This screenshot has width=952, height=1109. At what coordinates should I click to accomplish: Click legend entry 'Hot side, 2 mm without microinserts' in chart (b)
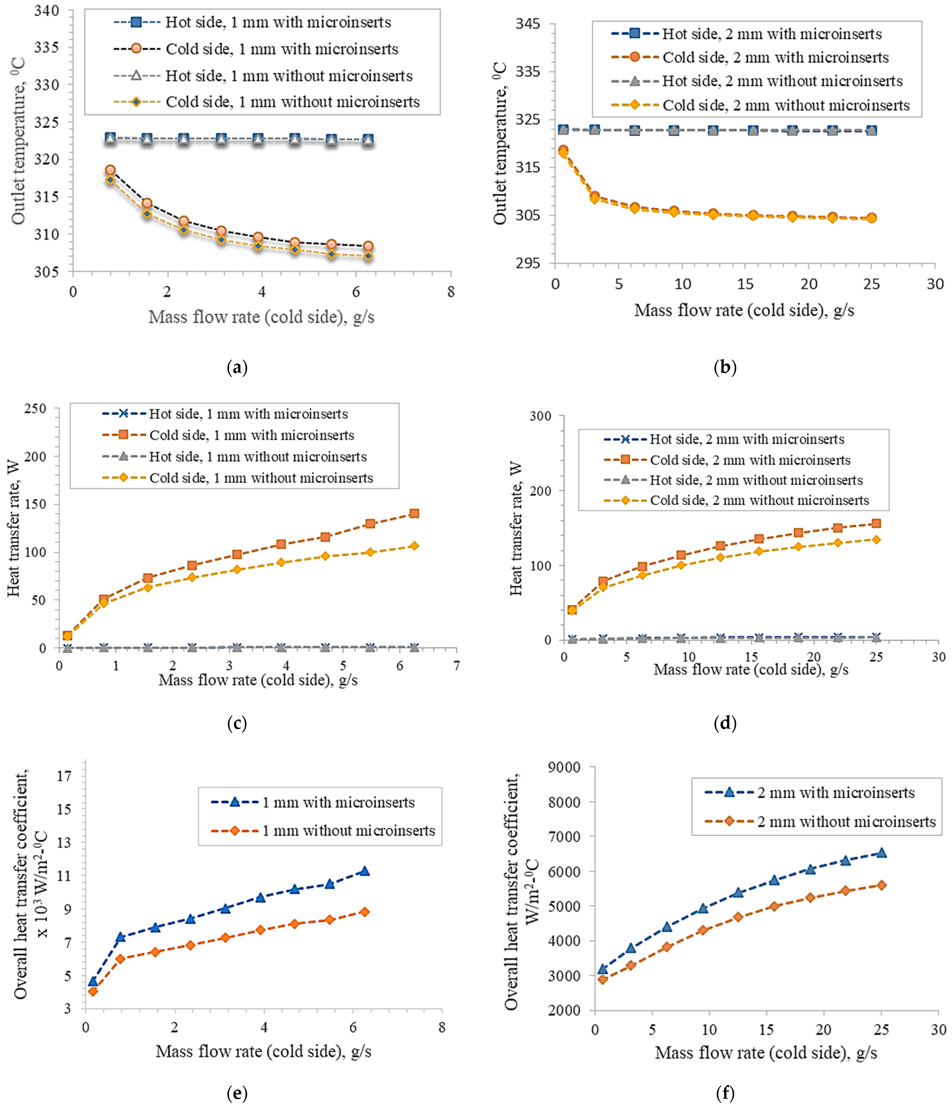[782, 81]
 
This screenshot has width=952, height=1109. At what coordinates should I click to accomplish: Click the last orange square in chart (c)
[414, 513]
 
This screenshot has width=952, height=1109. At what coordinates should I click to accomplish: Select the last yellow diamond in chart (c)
[414, 546]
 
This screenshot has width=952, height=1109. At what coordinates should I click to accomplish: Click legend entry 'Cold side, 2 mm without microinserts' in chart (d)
[759, 500]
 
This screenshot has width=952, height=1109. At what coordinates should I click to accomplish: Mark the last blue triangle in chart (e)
[365, 871]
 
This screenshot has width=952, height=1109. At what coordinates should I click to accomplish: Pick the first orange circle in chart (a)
[110, 170]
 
